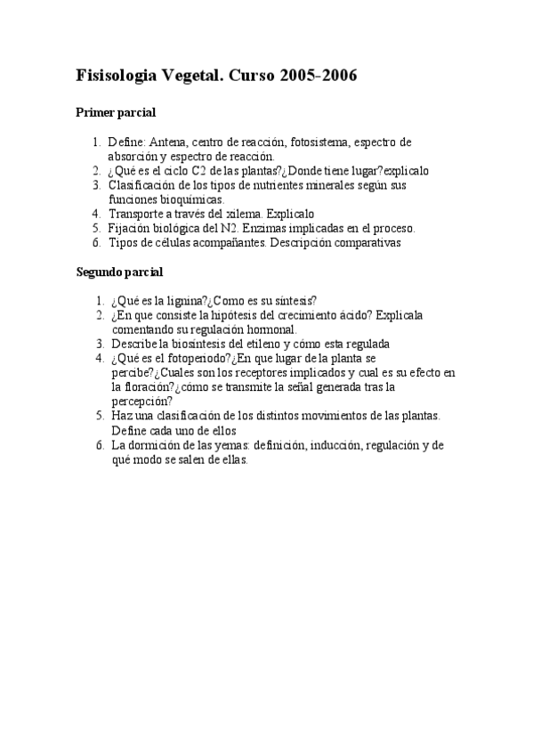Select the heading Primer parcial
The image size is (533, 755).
coord(117,113)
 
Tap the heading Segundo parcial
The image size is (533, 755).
coord(120,271)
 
